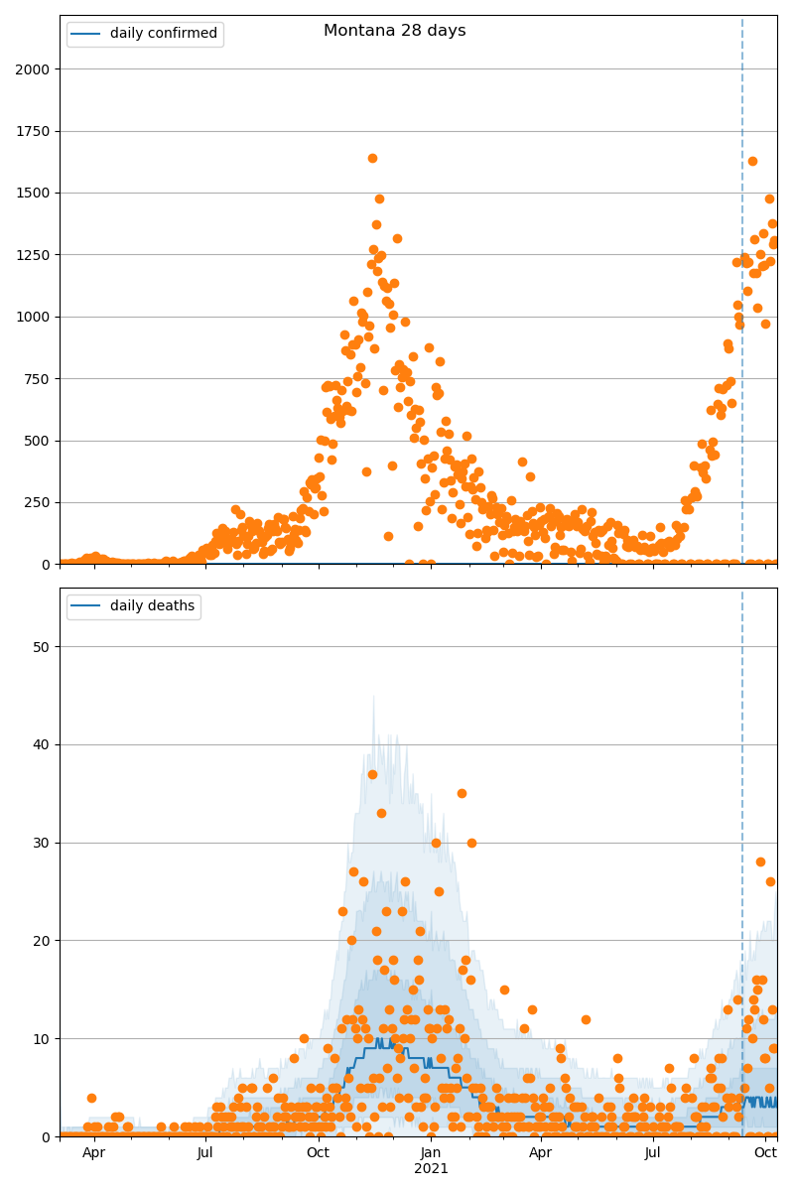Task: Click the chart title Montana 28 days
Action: [394, 31]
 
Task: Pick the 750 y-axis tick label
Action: [39, 378]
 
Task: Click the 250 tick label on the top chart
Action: [39, 502]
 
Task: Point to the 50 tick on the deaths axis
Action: [43, 646]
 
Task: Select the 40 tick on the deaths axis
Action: [43, 744]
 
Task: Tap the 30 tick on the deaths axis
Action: [43, 843]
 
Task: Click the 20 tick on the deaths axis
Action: [43, 940]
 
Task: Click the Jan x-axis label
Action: [431, 1152]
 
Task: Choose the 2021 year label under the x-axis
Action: [431, 1168]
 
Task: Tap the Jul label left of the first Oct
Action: [205, 1152]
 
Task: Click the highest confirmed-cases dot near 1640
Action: [372, 158]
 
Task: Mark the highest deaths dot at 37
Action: [372, 774]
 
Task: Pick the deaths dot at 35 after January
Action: [462, 793]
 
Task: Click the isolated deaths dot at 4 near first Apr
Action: [91, 1098]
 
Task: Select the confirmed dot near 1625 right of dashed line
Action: [752, 161]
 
